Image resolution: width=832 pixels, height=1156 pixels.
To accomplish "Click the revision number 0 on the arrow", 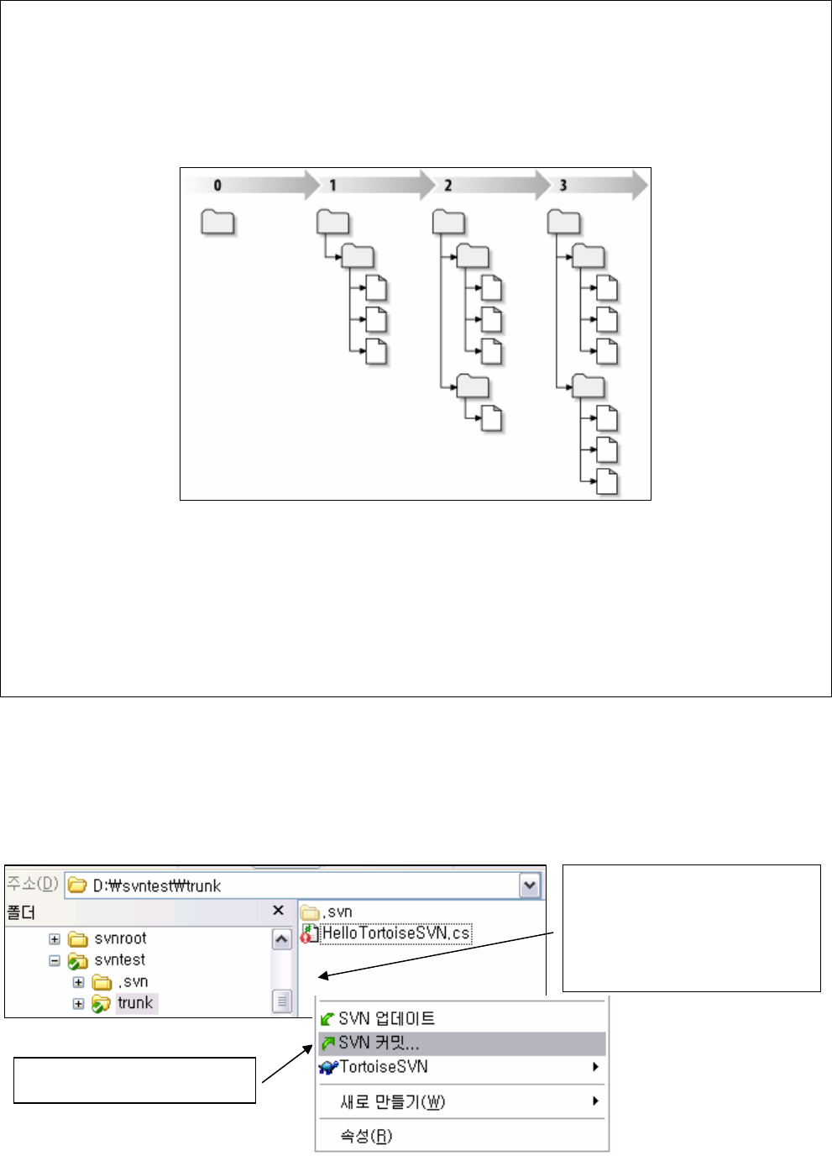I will [x=217, y=186].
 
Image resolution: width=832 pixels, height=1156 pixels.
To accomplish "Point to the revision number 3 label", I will [x=563, y=186].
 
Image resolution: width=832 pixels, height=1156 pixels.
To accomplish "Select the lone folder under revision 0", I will [x=217, y=223].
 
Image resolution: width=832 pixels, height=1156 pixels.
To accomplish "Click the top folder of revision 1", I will [x=332, y=223].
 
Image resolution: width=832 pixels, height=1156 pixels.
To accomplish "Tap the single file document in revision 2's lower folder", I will [x=492, y=418].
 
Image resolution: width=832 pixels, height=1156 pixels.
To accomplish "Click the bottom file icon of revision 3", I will [x=607, y=482].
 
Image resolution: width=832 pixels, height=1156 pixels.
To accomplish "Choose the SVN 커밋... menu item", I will [x=379, y=1043].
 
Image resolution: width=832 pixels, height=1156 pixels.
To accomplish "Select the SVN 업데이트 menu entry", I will [x=386, y=1019].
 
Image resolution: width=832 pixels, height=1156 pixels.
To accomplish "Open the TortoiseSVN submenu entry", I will [x=384, y=1067].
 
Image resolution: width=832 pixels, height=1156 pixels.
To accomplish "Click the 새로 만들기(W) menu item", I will [x=392, y=1101].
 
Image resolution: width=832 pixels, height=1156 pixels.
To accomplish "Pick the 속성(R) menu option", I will [x=366, y=1136].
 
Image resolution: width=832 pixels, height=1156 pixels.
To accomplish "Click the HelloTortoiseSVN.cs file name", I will [x=395, y=933].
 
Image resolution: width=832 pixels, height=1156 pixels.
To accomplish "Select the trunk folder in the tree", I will [x=135, y=1003].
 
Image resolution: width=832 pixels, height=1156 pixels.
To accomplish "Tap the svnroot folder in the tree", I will [x=120, y=938].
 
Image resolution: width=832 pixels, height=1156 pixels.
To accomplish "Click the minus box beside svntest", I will [x=55, y=960].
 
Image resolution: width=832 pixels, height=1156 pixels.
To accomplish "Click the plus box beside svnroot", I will [x=55, y=938].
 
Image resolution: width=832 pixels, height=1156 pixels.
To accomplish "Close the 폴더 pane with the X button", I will [x=279, y=911].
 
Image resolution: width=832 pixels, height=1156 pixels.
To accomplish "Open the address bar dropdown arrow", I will [x=530, y=885].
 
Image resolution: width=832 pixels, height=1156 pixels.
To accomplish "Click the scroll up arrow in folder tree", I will [x=282, y=939].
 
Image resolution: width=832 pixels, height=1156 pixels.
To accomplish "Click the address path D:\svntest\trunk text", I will [x=156, y=886].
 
